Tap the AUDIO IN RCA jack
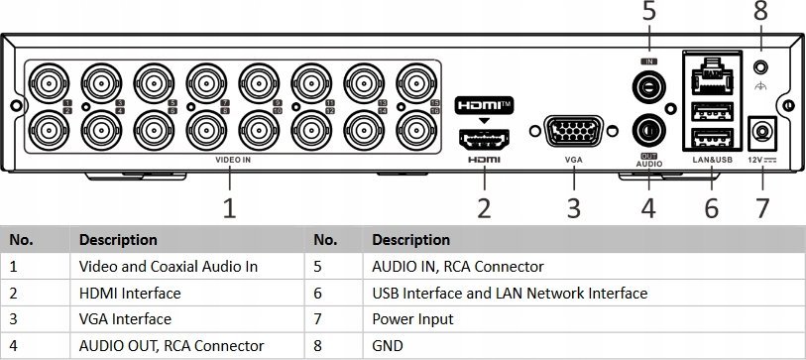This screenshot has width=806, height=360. [x=649, y=87]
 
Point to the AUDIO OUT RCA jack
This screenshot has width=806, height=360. [x=649, y=130]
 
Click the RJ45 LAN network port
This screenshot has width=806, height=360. [x=709, y=73]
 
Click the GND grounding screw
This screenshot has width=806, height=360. [x=761, y=67]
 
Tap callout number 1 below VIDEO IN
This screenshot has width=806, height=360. [x=230, y=207]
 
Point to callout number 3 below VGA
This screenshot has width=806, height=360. [x=573, y=207]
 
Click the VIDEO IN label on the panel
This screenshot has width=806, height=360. [x=233, y=159]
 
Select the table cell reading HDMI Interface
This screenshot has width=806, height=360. [x=130, y=294]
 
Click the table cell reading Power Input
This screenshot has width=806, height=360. [x=412, y=319]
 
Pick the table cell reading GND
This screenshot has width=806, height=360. [x=388, y=346]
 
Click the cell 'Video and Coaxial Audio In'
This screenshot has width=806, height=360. [x=168, y=267]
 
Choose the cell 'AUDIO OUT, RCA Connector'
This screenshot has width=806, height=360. [x=171, y=346]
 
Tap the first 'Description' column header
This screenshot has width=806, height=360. [x=118, y=240]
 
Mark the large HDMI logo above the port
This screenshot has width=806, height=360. [x=484, y=104]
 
